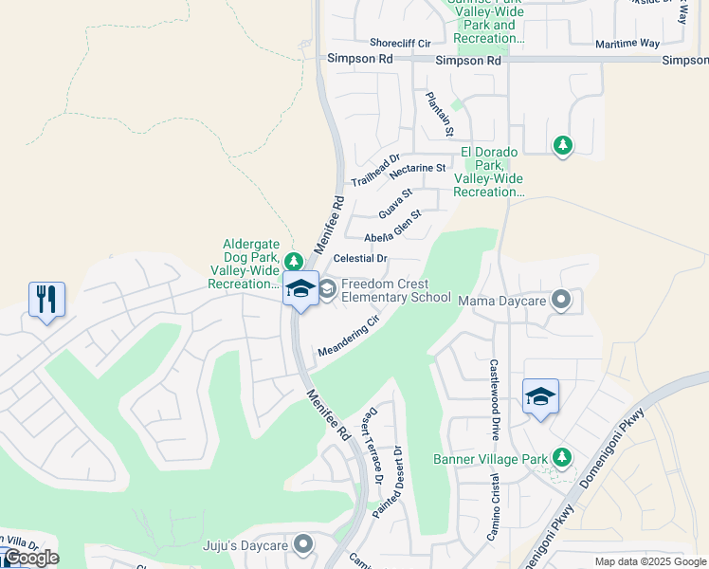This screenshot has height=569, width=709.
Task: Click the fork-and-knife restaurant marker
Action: [x=46, y=300]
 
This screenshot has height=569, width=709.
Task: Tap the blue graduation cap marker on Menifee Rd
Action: [x=300, y=288]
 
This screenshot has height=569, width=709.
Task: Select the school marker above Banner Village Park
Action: [x=540, y=396]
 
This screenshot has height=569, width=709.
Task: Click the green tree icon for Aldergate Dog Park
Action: [x=294, y=261]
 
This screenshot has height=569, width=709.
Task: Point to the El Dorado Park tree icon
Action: [x=563, y=145]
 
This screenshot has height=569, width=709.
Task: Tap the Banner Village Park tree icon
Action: [x=562, y=459]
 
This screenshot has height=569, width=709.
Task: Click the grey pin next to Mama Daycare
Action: [x=561, y=301]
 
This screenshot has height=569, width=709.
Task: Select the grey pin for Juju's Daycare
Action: [x=303, y=544]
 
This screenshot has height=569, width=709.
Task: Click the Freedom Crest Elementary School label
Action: [x=395, y=290]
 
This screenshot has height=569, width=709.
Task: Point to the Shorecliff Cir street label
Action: [x=400, y=44]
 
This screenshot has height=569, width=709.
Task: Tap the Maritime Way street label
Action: [x=627, y=44]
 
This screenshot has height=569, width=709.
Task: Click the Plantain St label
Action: [x=440, y=113]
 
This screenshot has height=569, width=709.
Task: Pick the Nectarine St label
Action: [x=417, y=168]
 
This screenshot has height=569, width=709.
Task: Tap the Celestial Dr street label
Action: [x=361, y=258]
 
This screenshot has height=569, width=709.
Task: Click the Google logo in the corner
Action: [x=30, y=558]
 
